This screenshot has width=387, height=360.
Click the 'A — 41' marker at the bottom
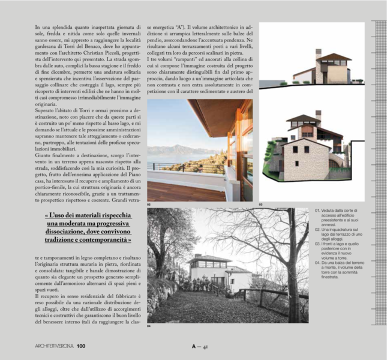click(199, 346)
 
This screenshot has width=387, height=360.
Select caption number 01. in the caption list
click(318, 211)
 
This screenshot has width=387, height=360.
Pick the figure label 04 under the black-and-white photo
click(149, 326)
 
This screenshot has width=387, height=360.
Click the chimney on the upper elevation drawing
click(319, 52)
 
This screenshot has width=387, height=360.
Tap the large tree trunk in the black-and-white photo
click(282, 282)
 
